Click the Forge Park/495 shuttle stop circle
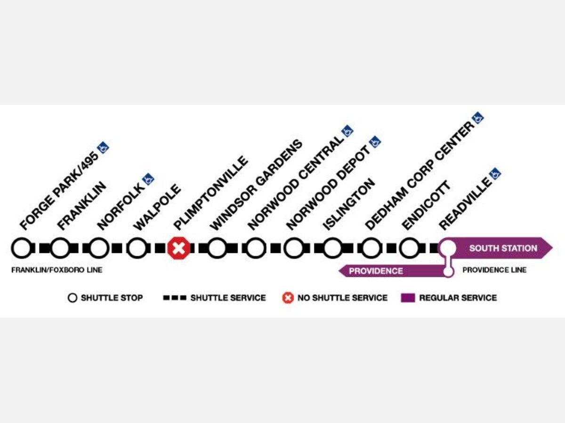(21, 248)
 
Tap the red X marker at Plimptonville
(178, 248)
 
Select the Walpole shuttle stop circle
(137, 248)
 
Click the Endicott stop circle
(409, 248)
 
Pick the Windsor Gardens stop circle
(217, 248)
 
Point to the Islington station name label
(349, 204)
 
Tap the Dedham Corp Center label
(419, 176)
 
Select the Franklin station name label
(81, 206)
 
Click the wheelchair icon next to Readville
(495, 173)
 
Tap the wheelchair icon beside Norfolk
(148, 179)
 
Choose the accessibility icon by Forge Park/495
(103, 147)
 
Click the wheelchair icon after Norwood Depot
(375, 141)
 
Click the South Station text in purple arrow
(503, 248)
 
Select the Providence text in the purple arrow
(376, 271)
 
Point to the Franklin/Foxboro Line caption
(56, 270)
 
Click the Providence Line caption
(494, 270)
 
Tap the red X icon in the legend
(288, 298)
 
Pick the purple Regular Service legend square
(408, 298)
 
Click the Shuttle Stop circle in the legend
(72, 298)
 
